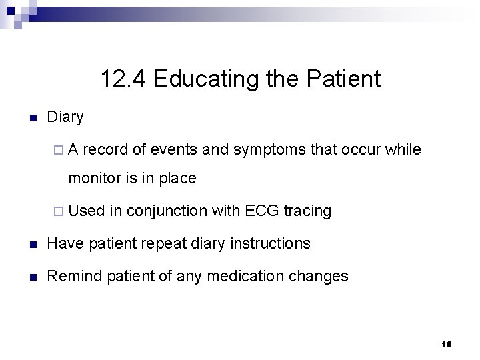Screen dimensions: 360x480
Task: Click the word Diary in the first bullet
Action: [x=65, y=117]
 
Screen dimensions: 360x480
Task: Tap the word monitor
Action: [x=95, y=179]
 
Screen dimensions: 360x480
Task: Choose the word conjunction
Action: [x=167, y=211]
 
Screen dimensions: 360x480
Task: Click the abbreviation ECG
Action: [x=262, y=211]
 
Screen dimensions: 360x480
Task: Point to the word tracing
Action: [x=307, y=211]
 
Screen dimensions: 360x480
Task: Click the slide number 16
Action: [x=446, y=344]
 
